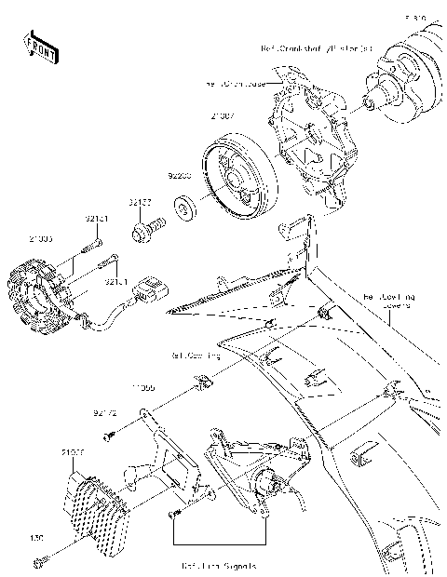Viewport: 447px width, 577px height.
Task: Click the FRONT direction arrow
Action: (40, 47)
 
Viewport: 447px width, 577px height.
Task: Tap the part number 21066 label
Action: (73, 453)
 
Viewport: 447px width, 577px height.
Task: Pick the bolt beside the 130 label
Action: (41, 560)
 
